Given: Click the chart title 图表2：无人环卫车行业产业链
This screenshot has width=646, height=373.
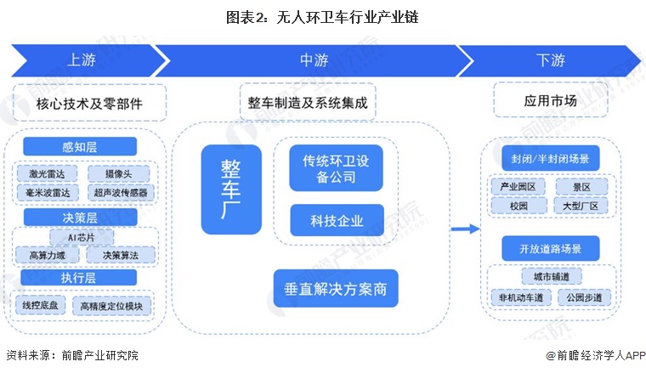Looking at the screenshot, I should pos(322,16).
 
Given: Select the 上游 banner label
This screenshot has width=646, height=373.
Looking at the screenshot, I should pos(82,60).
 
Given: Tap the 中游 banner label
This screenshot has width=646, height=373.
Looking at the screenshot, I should pos(314,60).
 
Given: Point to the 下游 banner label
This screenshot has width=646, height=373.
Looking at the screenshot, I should pos(551,60).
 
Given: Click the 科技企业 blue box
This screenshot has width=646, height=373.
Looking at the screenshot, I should pos(337,221).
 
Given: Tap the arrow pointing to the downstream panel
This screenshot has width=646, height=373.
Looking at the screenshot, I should pos(463,228).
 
